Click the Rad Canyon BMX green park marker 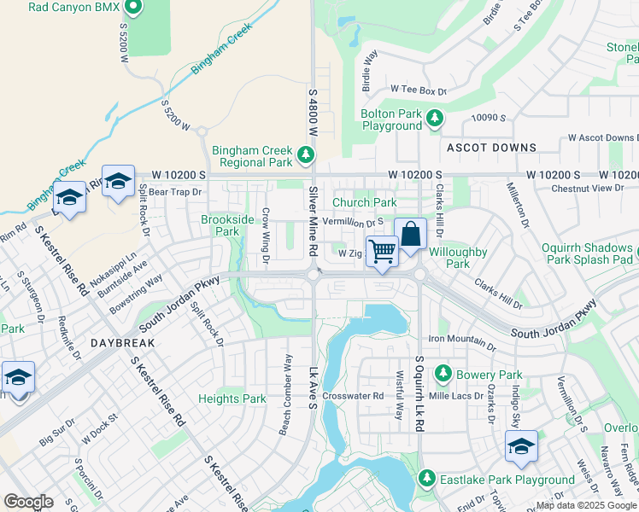[132, 8]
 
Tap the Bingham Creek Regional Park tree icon [306, 155]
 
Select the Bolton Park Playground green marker [435, 118]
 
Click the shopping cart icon [383, 251]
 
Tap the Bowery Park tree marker [443, 374]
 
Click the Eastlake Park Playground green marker [426, 480]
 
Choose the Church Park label [364, 202]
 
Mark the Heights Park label [232, 399]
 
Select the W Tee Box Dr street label [419, 90]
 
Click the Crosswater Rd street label [354, 396]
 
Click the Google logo [28, 501]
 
